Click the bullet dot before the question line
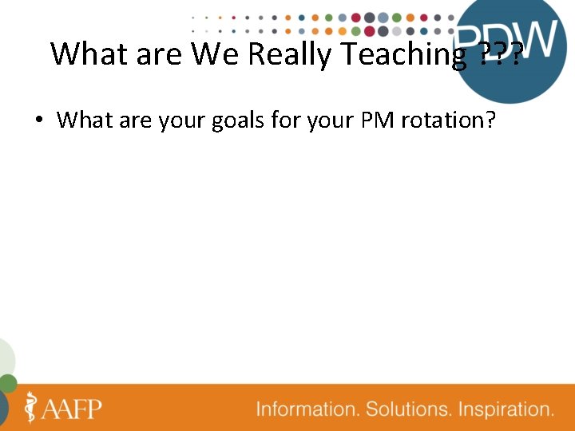pos(38,121)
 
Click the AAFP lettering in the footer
pos(73,409)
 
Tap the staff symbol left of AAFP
pos(32,407)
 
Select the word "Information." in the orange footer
pos(307,409)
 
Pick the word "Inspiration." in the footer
pos(508,409)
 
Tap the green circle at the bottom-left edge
pos(6,384)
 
